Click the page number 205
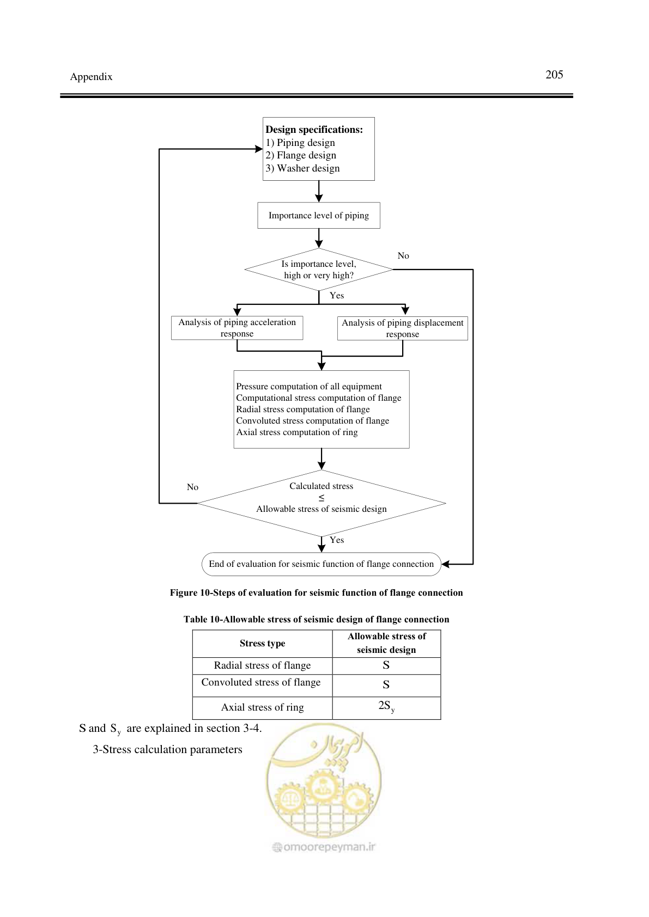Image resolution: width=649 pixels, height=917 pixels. coord(554,75)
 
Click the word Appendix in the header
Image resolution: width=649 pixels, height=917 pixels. coord(91,77)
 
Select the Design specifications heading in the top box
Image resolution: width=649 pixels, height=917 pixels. coord(314,130)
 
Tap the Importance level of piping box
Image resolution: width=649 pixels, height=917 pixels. coord(319,215)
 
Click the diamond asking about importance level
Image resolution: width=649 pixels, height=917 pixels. coord(319,270)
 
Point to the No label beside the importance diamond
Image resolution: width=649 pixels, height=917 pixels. coord(403,255)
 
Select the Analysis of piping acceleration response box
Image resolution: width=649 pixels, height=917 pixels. coord(237,327)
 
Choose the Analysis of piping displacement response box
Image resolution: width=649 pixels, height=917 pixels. coord(402,328)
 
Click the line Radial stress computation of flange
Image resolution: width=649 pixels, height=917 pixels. coord(303,409)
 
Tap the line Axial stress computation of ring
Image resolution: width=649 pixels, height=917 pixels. coord(296,432)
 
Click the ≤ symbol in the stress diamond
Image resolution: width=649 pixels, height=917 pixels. coord(322,497)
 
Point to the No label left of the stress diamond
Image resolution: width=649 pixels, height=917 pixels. coord(192,487)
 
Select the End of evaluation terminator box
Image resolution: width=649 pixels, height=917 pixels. coord(321,564)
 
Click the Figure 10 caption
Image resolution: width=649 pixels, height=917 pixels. coord(316,593)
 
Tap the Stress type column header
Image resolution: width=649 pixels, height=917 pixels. coord(262,643)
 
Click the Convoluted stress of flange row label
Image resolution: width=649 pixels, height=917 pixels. coord(261,682)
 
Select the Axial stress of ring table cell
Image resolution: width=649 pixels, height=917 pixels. coord(262,707)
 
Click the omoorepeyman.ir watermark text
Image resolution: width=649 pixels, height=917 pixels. coord(324,847)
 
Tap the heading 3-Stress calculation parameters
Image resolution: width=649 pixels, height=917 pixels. coord(167,750)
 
